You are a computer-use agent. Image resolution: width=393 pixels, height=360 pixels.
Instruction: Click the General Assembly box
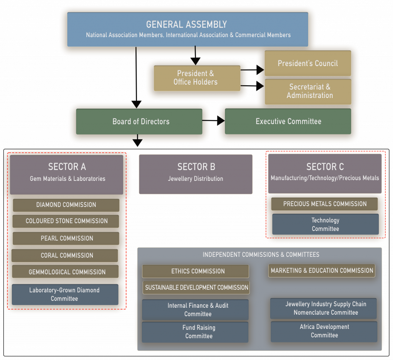[187, 30]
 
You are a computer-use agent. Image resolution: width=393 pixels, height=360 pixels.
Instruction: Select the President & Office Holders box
[197, 78]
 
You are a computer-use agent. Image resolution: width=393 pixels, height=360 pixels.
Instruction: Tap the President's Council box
[308, 63]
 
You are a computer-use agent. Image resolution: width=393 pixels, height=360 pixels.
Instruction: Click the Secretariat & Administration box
[308, 92]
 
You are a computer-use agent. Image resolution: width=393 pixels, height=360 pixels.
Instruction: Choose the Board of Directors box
[139, 122]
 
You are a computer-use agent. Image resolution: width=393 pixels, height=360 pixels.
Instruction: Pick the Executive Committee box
[288, 122]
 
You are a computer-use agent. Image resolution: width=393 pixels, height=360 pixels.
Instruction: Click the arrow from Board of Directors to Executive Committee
[213, 121]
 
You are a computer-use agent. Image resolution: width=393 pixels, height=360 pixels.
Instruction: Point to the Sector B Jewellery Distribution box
[195, 174]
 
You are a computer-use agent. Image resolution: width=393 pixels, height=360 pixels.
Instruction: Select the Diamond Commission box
[66, 205]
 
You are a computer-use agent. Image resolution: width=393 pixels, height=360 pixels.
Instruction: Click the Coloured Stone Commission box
[66, 221]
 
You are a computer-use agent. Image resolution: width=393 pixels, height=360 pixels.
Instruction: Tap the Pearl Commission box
[66, 238]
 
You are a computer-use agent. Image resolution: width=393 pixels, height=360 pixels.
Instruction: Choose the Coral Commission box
[65, 256]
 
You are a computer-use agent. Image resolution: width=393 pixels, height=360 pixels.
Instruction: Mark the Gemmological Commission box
[65, 272]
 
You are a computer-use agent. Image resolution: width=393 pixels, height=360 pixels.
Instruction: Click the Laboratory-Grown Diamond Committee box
[65, 294]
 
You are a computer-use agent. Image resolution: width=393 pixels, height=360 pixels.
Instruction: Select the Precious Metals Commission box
[324, 204]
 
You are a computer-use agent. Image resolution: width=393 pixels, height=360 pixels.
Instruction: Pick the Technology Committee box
[325, 225]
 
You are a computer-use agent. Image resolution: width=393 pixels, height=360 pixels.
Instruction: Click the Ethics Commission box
[196, 271]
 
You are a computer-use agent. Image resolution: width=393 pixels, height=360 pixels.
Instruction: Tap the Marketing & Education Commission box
[322, 271]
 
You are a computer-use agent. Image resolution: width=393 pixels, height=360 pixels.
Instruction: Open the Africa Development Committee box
[324, 331]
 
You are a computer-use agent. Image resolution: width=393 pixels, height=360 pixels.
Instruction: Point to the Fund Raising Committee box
[195, 332]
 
